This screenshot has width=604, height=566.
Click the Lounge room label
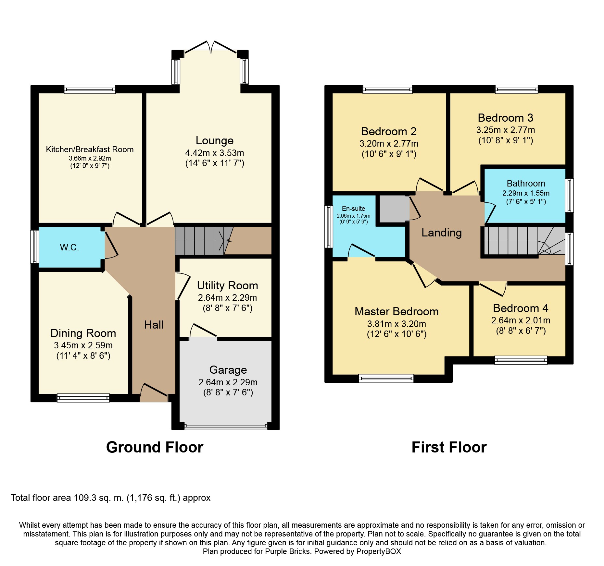click(215, 141)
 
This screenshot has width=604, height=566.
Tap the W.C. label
click(69, 247)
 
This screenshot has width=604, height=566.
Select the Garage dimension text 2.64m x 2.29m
click(228, 382)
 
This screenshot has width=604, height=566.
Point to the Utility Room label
click(228, 285)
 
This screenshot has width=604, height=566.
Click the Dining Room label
click(83, 333)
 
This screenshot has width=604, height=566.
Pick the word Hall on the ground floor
click(154, 325)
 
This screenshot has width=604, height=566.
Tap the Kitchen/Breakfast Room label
click(90, 150)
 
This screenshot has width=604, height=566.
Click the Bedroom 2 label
click(389, 131)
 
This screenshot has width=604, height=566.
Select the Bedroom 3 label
click(506, 118)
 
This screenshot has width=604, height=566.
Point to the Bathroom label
click(526, 184)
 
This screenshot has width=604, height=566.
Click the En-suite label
click(353, 209)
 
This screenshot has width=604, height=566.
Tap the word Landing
click(442, 233)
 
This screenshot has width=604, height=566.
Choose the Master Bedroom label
click(396, 311)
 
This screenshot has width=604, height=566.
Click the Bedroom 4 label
click(521, 308)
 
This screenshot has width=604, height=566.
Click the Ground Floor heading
click(155, 447)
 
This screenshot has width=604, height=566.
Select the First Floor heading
click(449, 447)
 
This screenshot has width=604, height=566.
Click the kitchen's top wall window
click(90, 89)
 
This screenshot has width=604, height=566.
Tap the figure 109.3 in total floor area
click(85, 498)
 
